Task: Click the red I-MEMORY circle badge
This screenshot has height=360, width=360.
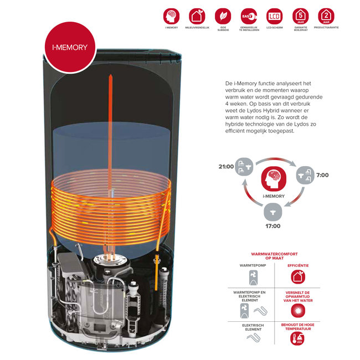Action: point(70,48)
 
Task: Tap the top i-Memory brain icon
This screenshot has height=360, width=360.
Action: point(171,16)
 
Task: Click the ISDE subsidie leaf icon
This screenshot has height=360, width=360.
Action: point(223,16)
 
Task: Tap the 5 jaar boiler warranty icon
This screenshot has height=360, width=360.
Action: point(300,16)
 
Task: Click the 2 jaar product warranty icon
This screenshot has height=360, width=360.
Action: point(326,16)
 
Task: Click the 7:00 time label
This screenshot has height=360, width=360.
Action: point(322,175)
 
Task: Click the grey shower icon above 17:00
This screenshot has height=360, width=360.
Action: point(271,210)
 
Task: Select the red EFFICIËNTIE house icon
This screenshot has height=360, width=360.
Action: point(299,277)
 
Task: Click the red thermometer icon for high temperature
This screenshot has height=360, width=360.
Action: point(299,340)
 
